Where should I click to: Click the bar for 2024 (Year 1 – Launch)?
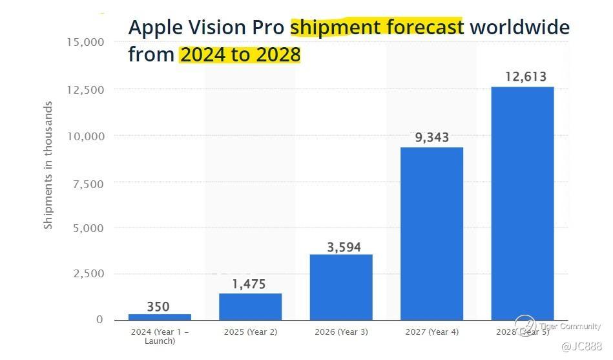[x=160, y=317]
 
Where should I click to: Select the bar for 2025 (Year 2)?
[x=250, y=306]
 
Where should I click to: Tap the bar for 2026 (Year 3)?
[x=341, y=287]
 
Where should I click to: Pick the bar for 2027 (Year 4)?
[x=431, y=233]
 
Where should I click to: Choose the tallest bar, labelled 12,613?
[x=522, y=203]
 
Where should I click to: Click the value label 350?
[x=158, y=306]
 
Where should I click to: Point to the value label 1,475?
[x=249, y=284]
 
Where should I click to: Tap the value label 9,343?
[x=431, y=138]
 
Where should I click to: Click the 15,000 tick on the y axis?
[x=85, y=42]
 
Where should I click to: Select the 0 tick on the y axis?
[x=99, y=319]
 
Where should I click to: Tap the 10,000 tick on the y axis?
[x=85, y=136]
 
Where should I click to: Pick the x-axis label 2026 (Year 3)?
[x=340, y=332]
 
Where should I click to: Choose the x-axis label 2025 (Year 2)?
[x=250, y=332]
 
